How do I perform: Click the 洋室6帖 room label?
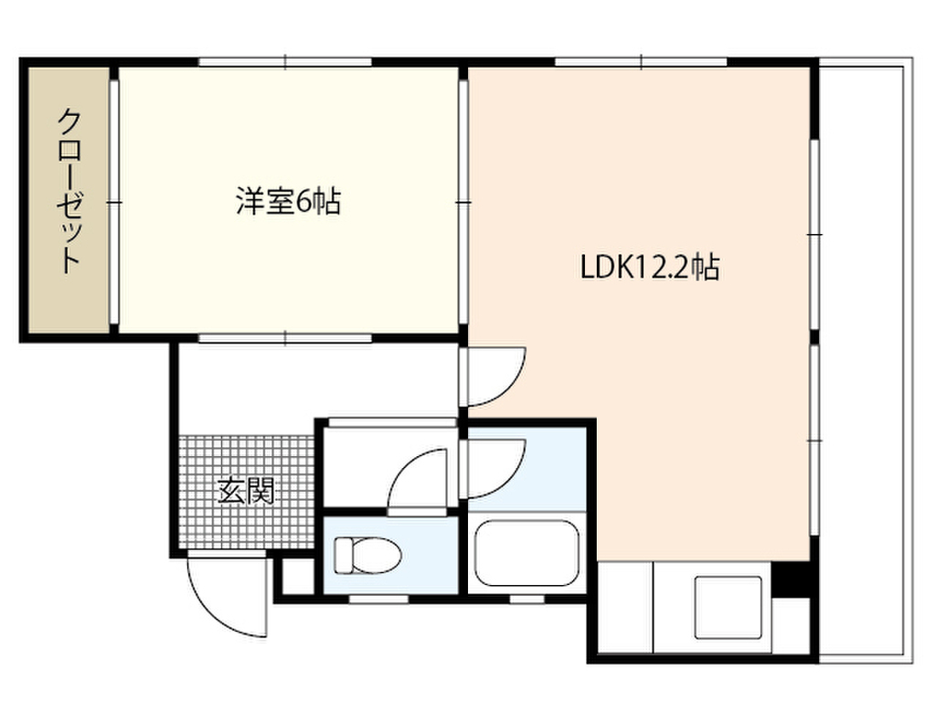(288, 201)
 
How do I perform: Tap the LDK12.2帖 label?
(650, 267)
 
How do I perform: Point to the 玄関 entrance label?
(246, 492)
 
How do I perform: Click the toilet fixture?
(367, 555)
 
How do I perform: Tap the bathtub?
(527, 555)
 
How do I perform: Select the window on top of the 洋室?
(286, 62)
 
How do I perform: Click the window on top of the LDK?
(640, 62)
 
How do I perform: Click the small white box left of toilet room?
(294, 576)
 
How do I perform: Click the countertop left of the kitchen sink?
(623, 607)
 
